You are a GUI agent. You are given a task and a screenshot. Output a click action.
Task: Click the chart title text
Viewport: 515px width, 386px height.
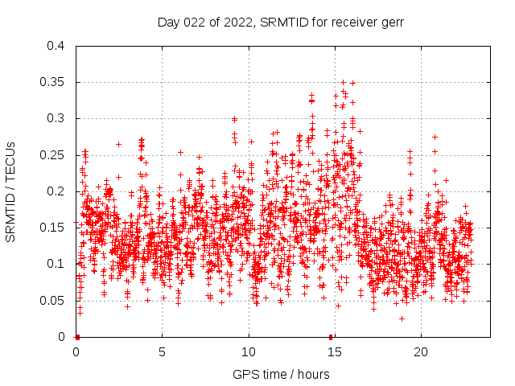point(280,22)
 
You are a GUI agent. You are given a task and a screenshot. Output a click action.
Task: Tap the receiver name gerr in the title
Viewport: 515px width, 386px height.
point(390,22)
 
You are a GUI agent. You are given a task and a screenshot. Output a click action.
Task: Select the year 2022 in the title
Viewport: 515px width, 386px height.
point(236,22)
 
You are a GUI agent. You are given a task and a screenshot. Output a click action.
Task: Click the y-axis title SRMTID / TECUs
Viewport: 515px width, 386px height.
point(10,191)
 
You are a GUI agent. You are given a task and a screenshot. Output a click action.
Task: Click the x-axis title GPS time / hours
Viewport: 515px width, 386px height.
point(280,374)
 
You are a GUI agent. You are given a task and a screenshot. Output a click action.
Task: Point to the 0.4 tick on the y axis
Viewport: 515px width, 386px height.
point(56,46)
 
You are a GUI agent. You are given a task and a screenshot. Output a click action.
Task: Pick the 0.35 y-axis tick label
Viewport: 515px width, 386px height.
point(52,82)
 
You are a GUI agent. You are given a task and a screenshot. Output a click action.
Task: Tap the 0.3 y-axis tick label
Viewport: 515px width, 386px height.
point(56,118)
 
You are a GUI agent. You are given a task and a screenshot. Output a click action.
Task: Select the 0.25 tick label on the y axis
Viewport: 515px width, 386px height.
point(52,155)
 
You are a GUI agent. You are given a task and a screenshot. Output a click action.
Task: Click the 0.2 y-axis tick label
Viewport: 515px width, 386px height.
point(56,191)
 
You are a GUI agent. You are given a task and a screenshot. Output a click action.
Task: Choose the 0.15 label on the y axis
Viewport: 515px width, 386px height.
point(52,228)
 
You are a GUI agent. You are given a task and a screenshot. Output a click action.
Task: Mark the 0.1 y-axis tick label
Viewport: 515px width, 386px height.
point(56,264)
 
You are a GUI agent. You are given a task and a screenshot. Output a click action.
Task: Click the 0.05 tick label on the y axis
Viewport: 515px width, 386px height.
point(52,301)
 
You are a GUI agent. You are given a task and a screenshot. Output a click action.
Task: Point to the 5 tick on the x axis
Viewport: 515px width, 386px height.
point(162,352)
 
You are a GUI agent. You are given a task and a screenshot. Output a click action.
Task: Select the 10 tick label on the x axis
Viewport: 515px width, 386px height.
point(249,352)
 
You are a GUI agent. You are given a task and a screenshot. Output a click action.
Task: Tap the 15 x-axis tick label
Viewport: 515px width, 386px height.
point(335,352)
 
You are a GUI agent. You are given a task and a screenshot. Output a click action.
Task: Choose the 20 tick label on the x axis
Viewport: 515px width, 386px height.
point(421,352)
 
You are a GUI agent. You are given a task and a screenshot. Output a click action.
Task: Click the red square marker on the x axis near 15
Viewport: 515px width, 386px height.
point(331,337)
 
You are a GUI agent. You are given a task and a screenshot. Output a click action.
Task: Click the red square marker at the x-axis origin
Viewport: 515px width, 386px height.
point(77,337)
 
